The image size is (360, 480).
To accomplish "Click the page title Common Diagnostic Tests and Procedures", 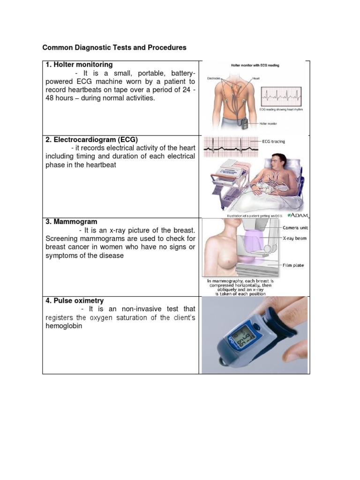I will [114, 48].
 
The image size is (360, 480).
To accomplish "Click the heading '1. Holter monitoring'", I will [79, 65].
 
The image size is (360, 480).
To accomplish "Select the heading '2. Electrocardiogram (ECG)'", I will [91, 139].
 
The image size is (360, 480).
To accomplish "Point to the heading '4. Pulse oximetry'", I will [75, 300].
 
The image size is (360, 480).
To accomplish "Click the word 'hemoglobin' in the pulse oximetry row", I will [64, 326].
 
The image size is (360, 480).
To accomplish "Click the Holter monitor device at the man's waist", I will [246, 124].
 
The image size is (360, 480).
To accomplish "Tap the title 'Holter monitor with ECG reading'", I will [255, 65].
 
